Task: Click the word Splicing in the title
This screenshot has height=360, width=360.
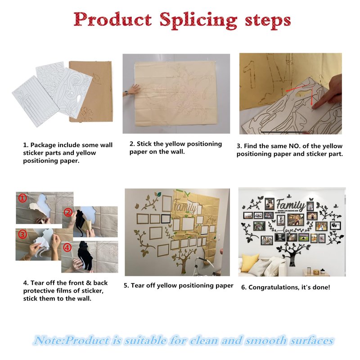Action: click(x=198, y=20)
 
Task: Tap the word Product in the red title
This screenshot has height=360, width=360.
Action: click(x=112, y=19)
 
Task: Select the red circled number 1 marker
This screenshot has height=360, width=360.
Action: click(x=22, y=198)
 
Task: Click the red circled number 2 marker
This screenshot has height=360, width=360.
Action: click(x=68, y=212)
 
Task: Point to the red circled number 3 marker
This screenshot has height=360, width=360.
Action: click(x=22, y=234)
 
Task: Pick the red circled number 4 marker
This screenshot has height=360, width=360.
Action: click(x=67, y=247)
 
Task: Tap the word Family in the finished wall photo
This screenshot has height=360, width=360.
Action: click(x=290, y=204)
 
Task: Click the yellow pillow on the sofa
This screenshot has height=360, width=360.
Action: click(x=249, y=262)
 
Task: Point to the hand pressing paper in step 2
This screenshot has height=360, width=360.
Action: click(x=132, y=90)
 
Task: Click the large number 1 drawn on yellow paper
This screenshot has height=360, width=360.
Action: click(x=250, y=75)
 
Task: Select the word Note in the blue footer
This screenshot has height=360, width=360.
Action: click(x=49, y=340)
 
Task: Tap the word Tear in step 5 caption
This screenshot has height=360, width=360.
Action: click(x=137, y=285)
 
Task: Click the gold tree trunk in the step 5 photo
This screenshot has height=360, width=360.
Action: click(x=184, y=264)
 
